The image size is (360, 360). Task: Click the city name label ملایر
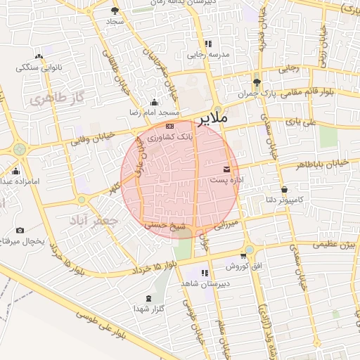214,119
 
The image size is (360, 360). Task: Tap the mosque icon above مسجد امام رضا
155,103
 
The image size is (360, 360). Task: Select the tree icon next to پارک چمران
257,82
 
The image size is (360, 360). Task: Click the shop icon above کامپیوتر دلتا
284,190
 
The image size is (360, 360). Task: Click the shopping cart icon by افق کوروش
243,256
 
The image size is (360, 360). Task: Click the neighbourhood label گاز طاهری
51,100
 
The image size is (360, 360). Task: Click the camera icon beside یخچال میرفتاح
20,231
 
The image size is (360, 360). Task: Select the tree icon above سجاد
115,11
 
